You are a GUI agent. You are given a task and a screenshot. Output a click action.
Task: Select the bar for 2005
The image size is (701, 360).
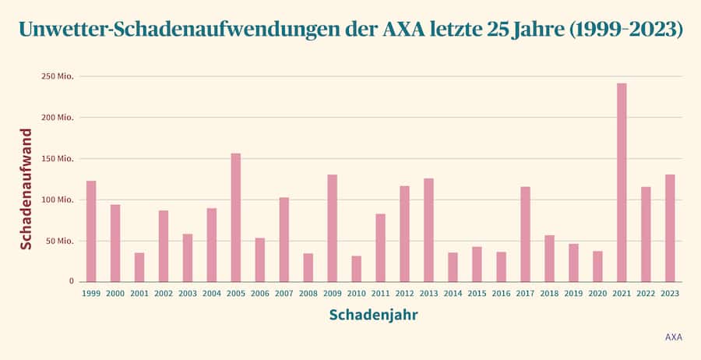coord(235,217)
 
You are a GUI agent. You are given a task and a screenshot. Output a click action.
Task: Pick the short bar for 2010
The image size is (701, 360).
coord(356,269)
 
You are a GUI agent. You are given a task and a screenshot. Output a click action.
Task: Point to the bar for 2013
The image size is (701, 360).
coord(428,230)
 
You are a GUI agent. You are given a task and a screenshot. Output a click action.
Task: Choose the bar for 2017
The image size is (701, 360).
coord(525,234)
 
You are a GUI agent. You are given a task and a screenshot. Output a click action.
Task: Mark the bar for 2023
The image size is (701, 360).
coord(670,228)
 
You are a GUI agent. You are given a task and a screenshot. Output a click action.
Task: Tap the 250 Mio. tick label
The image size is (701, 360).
coord(58,76)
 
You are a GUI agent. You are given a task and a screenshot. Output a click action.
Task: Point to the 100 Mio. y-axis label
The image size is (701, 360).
coord(58,199)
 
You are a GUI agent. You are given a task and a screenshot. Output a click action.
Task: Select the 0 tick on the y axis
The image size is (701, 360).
coord(71,281)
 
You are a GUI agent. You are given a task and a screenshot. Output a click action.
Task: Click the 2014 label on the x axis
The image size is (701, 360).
coord(453,294)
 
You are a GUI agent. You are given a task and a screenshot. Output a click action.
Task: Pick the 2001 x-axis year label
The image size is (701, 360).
coord(139,294)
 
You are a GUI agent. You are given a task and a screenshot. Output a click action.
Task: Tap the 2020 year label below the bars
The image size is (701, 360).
coord(597,294)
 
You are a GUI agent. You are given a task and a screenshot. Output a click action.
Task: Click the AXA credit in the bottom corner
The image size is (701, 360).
coord(674,337)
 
